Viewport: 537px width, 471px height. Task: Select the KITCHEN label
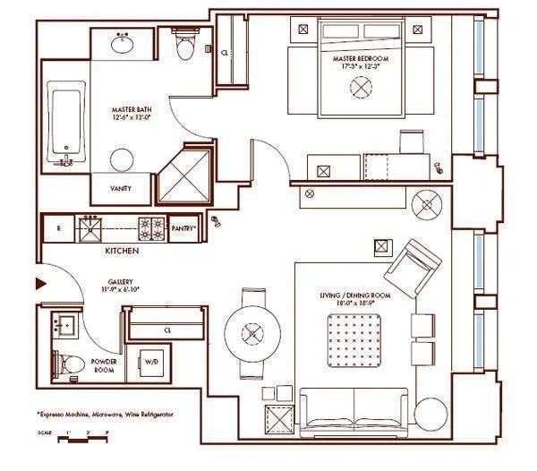(x=121, y=252)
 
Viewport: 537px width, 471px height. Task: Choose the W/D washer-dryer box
(x=152, y=363)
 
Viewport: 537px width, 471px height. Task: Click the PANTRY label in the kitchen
(x=183, y=229)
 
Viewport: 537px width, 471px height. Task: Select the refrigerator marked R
(x=57, y=229)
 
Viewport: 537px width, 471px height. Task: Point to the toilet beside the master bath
(x=185, y=45)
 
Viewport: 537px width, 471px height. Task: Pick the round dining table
(x=252, y=334)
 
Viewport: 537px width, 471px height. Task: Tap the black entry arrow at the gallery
(x=39, y=285)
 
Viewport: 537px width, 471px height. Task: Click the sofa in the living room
(x=353, y=409)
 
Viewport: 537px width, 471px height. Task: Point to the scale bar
(x=76, y=436)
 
